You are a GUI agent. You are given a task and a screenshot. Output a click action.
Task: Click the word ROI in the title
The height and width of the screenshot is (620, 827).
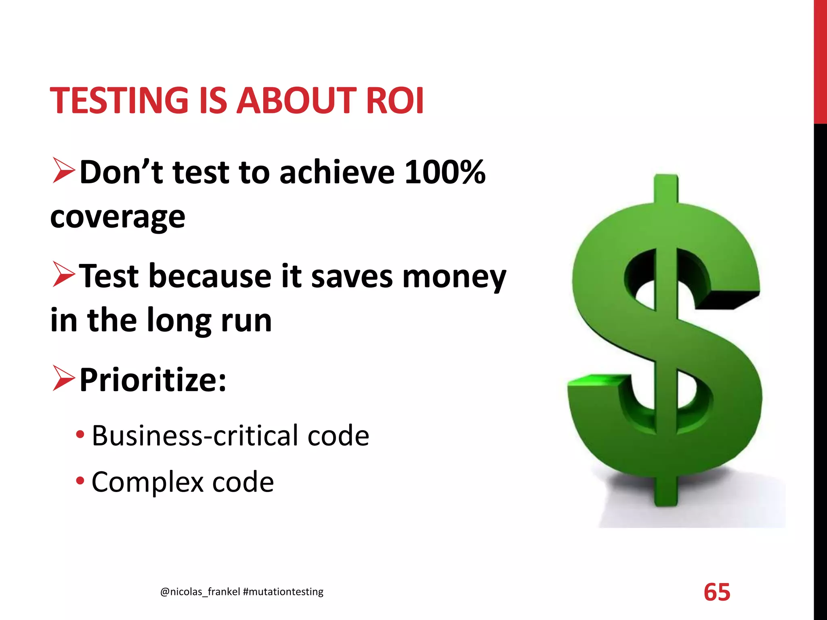[395, 101]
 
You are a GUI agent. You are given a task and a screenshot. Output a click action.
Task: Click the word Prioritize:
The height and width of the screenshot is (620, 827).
[153, 380]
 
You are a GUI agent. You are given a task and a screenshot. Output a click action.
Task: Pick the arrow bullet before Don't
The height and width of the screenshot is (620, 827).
[63, 171]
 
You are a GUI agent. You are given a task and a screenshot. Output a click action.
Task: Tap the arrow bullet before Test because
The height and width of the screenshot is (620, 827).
[63, 275]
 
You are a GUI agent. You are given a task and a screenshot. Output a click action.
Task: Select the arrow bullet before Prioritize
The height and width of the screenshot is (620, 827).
[63, 379]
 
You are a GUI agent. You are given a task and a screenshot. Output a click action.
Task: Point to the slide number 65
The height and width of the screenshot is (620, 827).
[717, 592]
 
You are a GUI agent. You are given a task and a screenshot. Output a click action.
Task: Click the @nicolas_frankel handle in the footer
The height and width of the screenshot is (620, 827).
[200, 592]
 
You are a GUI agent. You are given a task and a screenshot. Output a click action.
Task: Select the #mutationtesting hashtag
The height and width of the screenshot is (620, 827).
[283, 592]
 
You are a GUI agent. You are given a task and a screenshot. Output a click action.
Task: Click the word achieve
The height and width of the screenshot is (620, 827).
[337, 172]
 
